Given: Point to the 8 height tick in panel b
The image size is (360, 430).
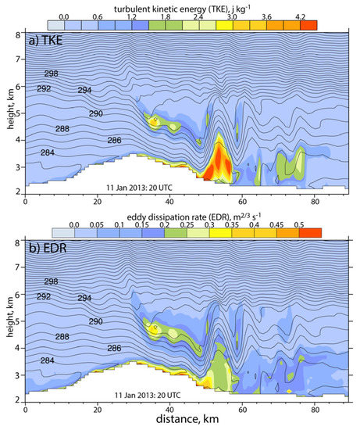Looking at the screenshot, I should coord(19,243).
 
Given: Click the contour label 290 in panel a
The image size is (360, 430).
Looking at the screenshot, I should coord(96,115).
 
